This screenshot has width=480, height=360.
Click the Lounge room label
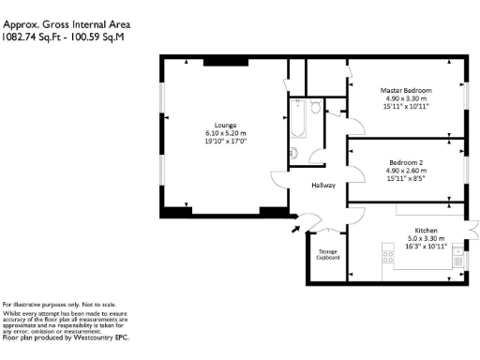[224, 125]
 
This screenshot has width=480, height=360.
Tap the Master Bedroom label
[406, 90]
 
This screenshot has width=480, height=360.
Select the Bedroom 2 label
[406, 162]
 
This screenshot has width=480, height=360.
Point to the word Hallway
[324, 186]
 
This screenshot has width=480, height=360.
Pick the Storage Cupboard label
[327, 254]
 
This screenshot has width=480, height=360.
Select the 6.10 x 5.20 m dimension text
[224, 133]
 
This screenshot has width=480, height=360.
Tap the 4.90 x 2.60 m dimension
[406, 171]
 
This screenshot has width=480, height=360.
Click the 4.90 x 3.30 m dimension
[406, 98]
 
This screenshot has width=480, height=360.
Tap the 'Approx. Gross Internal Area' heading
[66, 23]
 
